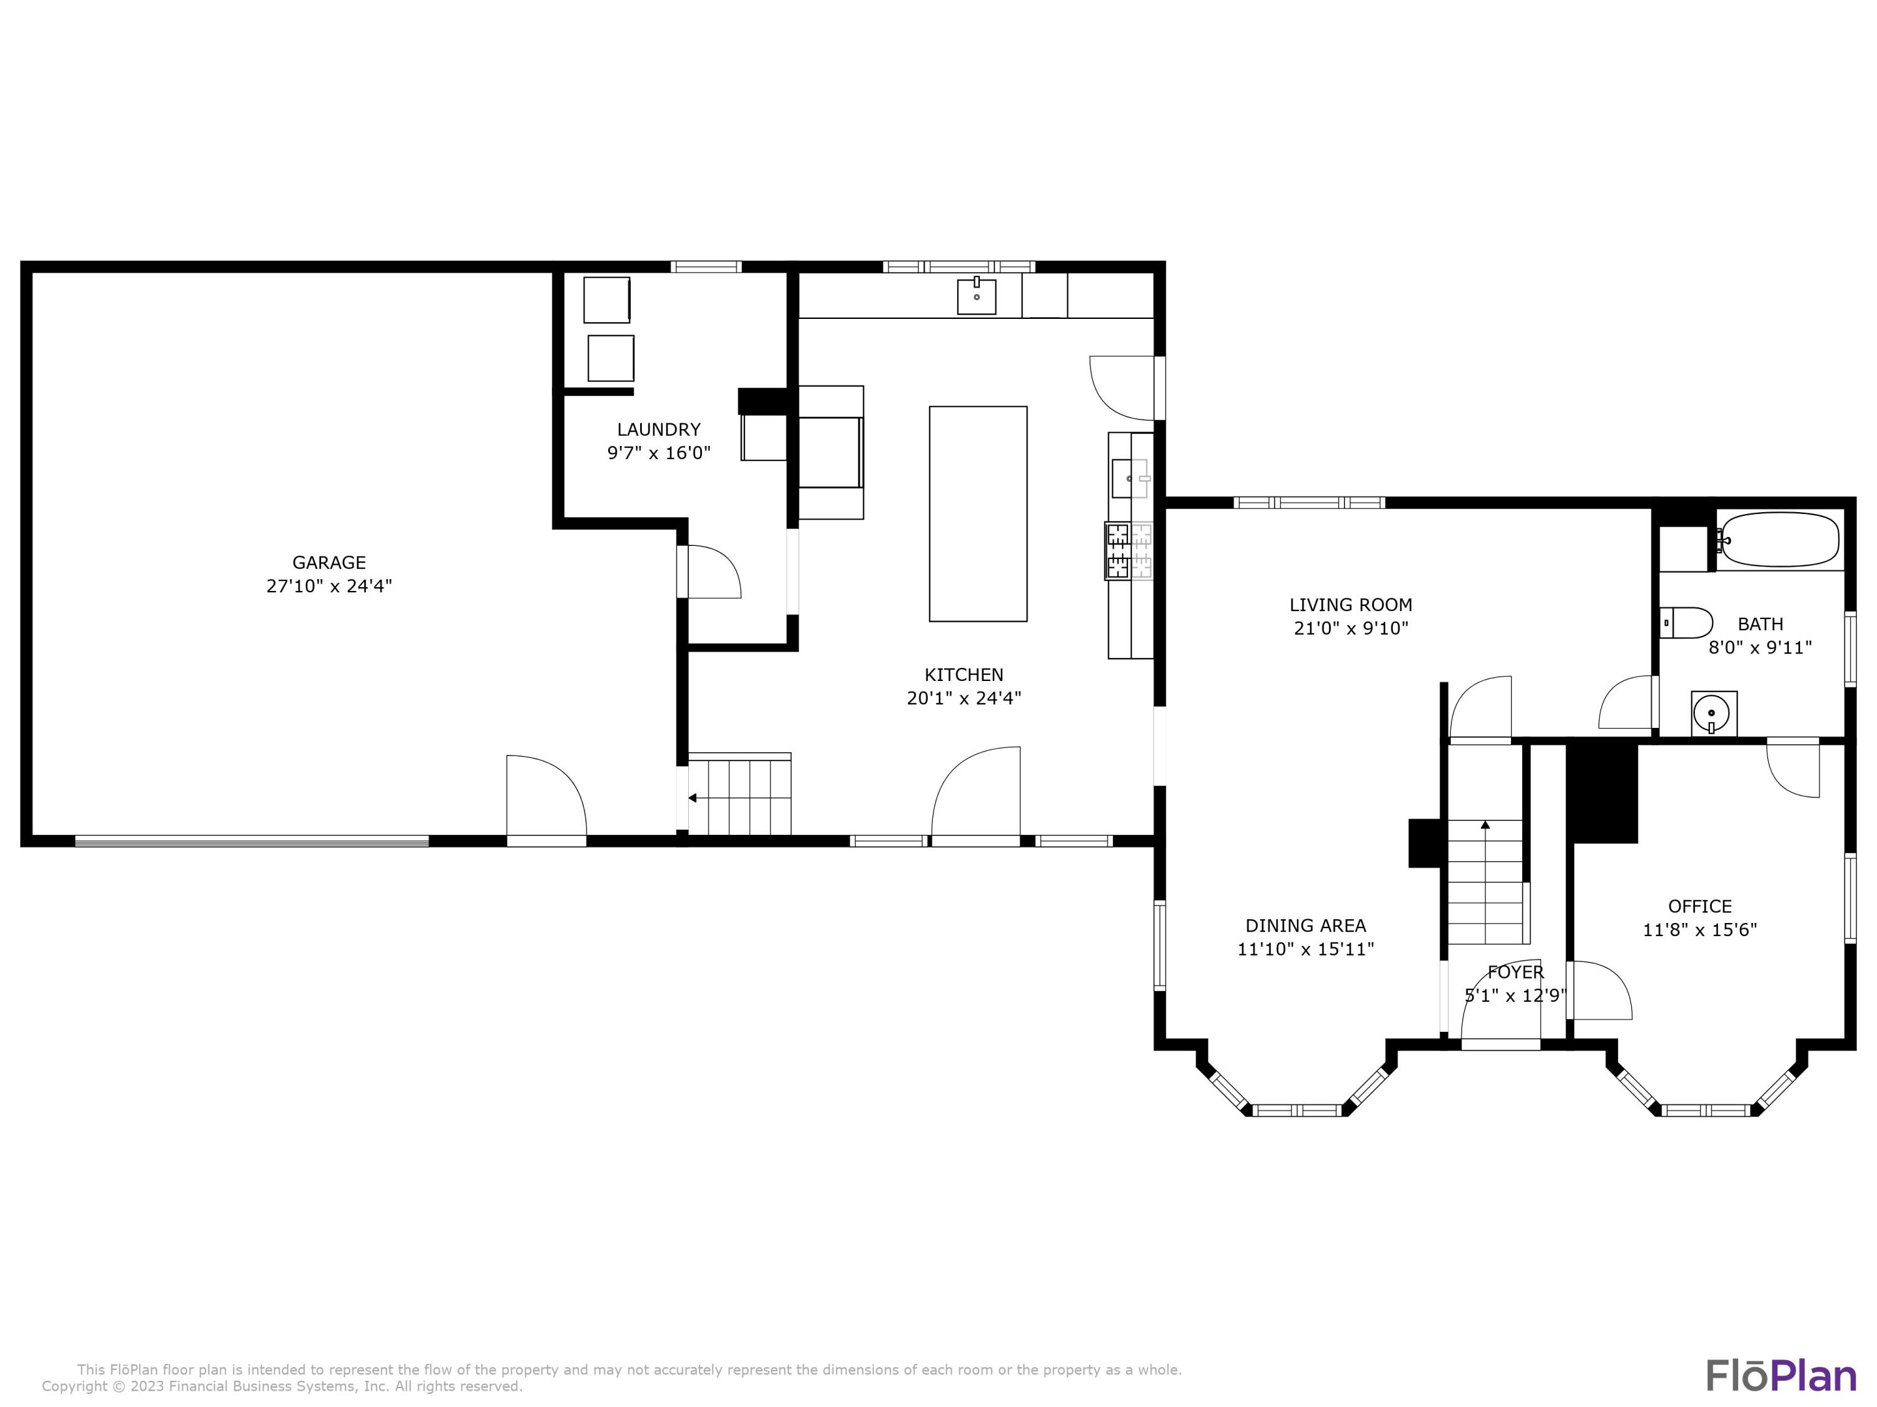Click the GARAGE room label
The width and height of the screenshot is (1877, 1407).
coord(328,562)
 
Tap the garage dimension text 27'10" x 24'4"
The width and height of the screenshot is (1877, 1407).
coord(328,586)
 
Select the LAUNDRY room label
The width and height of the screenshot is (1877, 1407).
coord(658,429)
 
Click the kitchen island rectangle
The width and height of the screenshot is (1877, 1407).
coord(977,513)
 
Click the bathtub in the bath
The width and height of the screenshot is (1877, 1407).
coord(1779,540)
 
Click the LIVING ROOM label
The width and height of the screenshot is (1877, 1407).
coord(1351,605)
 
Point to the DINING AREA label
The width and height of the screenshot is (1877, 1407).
coord(1305,925)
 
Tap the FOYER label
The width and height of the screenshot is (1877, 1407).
coord(1515,972)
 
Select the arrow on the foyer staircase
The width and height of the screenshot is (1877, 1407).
coord(1485,824)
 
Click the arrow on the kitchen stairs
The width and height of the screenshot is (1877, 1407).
coord(693,798)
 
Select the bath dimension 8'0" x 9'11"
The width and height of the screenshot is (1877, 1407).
coord(1760,648)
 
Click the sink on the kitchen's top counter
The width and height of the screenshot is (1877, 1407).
coord(977,296)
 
